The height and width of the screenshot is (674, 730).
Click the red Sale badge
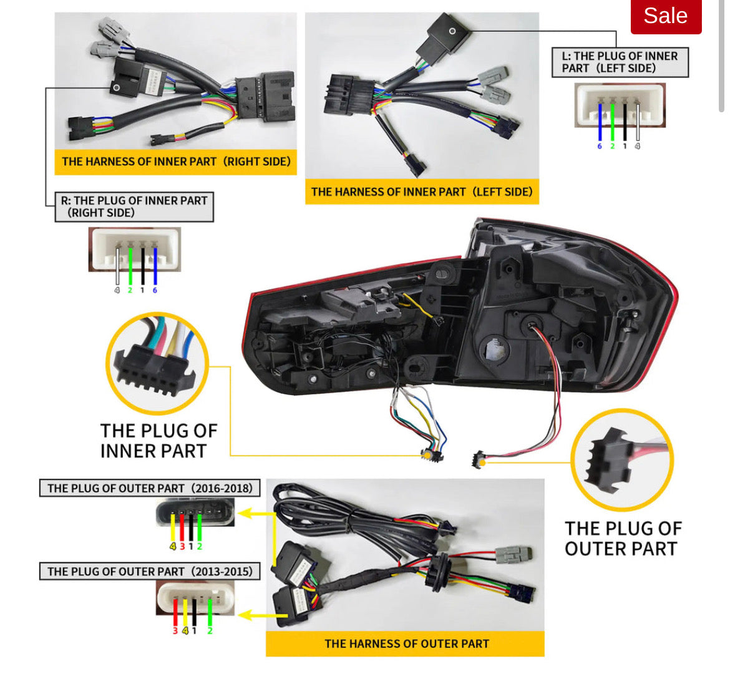pyautogui.click(x=666, y=16)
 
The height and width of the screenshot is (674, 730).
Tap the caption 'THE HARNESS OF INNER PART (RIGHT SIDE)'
pyautogui.click(x=176, y=162)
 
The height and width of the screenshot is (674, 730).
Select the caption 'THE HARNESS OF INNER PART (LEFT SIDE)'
pyautogui.click(x=422, y=192)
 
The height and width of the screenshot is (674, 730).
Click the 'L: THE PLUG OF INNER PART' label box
pyautogui.click(x=620, y=62)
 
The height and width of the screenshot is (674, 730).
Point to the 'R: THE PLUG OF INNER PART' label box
pyautogui.click(x=134, y=207)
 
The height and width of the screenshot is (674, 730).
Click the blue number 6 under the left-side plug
pyautogui.click(x=600, y=146)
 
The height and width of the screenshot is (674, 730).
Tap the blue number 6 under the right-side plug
pyautogui.click(x=155, y=290)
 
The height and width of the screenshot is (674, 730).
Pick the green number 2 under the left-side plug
pyautogui.click(x=612, y=146)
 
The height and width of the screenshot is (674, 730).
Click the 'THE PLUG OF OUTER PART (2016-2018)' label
pyautogui.click(x=150, y=488)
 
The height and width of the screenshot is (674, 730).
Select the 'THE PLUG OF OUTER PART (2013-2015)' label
pyautogui.click(x=150, y=571)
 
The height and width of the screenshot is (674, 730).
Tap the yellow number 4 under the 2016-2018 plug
pyautogui.click(x=173, y=546)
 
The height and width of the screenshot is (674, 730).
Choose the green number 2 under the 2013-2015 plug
pyautogui.click(x=210, y=631)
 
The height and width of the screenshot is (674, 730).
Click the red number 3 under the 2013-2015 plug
pyautogui.click(x=175, y=631)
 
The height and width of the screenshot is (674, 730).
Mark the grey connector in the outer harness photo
pyautogui.click(x=513, y=554)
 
